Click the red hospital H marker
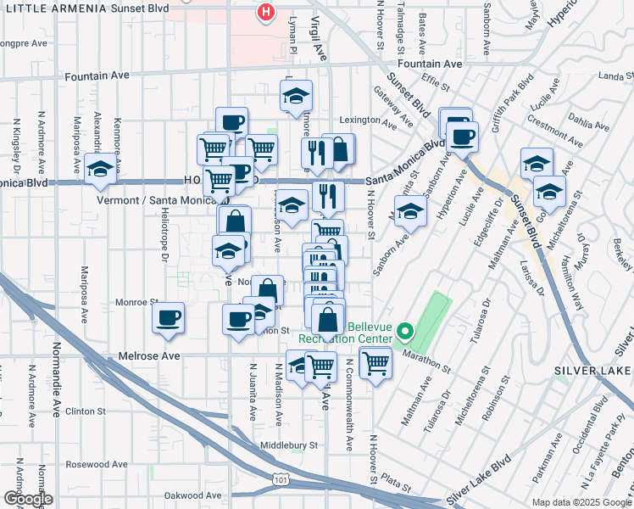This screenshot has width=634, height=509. (x=267, y=12)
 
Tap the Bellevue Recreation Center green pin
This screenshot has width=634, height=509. (x=405, y=332)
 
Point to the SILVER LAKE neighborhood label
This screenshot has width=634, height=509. (x=592, y=371)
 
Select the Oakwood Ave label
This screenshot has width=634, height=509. (x=192, y=495)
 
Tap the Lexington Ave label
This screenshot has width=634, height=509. (x=369, y=121)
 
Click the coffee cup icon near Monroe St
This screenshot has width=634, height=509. (x=168, y=317)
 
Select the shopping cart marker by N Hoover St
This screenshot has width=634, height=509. (x=375, y=363)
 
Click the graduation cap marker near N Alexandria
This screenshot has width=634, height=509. (x=100, y=168)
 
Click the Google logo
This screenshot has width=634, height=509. (x=28, y=499)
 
